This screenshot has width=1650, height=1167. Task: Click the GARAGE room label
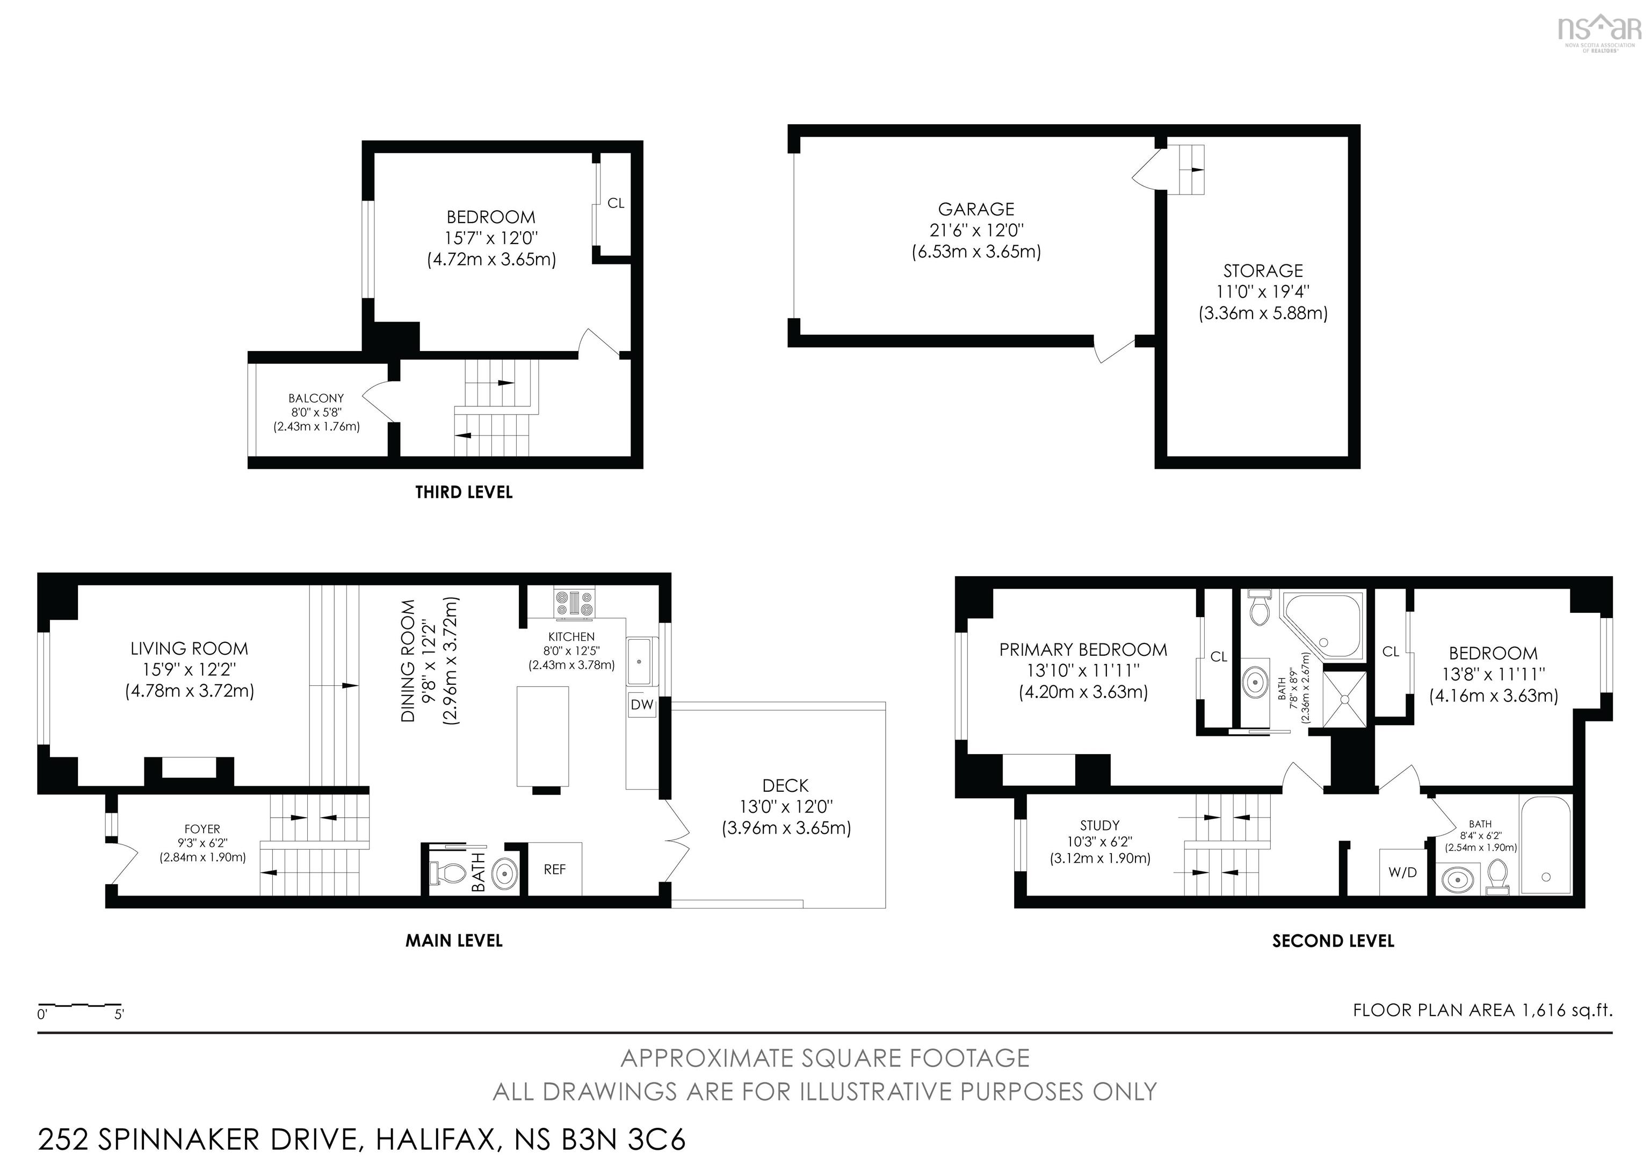[976, 209]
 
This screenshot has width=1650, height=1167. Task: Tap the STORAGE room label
[1263, 271]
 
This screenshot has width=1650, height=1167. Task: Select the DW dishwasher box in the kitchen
[642, 705]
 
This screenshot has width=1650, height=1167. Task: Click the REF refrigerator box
[555, 869]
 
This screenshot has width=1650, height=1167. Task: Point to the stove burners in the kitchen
[575, 603]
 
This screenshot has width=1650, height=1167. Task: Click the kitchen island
[542, 736]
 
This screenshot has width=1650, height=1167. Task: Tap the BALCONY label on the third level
[316, 398]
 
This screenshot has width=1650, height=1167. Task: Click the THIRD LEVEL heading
[464, 492]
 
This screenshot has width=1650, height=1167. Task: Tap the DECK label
[785, 786]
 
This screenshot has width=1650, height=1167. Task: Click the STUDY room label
[1099, 826]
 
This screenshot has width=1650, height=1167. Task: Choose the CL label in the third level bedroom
[616, 204]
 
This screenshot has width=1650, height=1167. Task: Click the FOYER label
[202, 829]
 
